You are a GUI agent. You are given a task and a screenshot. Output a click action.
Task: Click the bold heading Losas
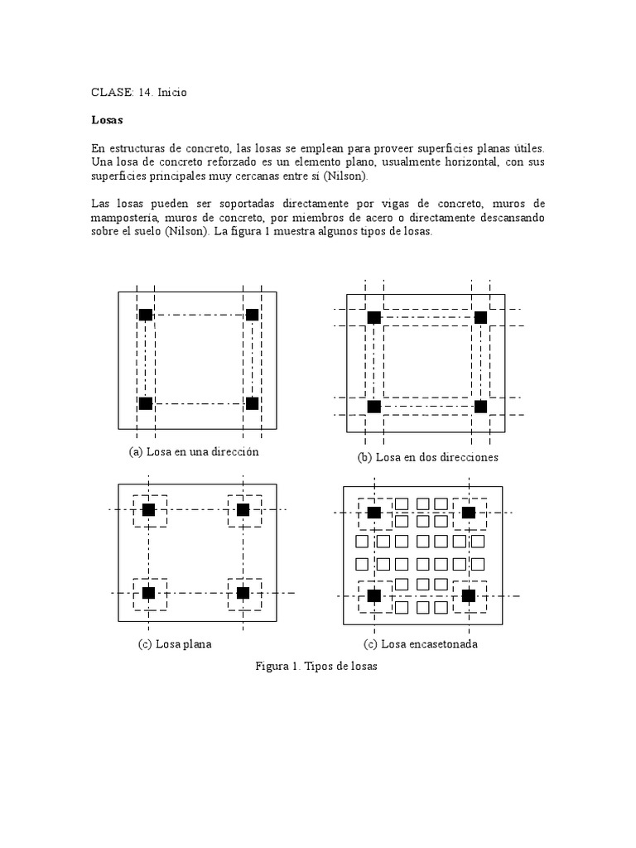point(106,120)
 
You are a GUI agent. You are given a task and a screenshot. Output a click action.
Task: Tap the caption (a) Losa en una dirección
point(194,452)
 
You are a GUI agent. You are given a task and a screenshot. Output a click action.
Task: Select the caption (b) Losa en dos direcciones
point(428,457)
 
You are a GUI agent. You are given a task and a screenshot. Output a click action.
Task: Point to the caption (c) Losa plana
point(175,644)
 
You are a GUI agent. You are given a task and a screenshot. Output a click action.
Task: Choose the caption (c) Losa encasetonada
point(421,644)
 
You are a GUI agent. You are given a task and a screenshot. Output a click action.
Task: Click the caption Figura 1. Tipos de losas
point(317,667)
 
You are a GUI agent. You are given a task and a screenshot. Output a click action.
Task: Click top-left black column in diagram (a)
point(146,315)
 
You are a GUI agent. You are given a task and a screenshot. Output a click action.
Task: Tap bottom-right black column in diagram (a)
point(253,403)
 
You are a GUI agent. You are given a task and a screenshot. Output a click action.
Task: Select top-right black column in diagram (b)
point(480,317)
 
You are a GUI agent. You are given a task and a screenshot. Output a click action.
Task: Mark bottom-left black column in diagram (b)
point(373,407)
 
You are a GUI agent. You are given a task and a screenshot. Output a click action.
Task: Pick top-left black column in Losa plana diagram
point(148,510)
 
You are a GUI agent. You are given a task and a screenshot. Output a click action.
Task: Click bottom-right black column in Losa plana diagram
point(243,593)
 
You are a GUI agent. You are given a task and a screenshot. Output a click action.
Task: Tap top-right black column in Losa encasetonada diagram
point(469,513)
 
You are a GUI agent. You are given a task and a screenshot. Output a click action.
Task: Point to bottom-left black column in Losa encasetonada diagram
point(373,595)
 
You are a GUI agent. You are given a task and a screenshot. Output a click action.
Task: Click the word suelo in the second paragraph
point(147,233)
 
